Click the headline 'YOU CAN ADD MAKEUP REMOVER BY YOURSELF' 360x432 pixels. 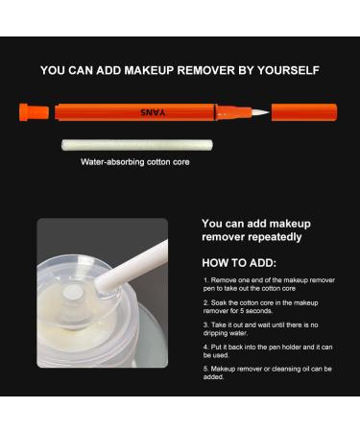[180, 70]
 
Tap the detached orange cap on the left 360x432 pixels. [35, 111]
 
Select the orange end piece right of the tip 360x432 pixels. [302, 111]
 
